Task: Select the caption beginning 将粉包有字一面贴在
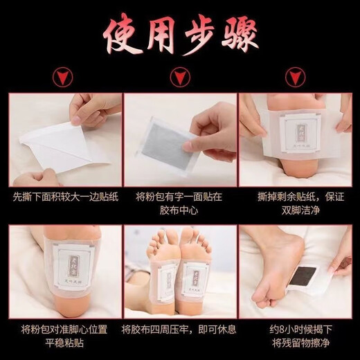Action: (180, 203)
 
